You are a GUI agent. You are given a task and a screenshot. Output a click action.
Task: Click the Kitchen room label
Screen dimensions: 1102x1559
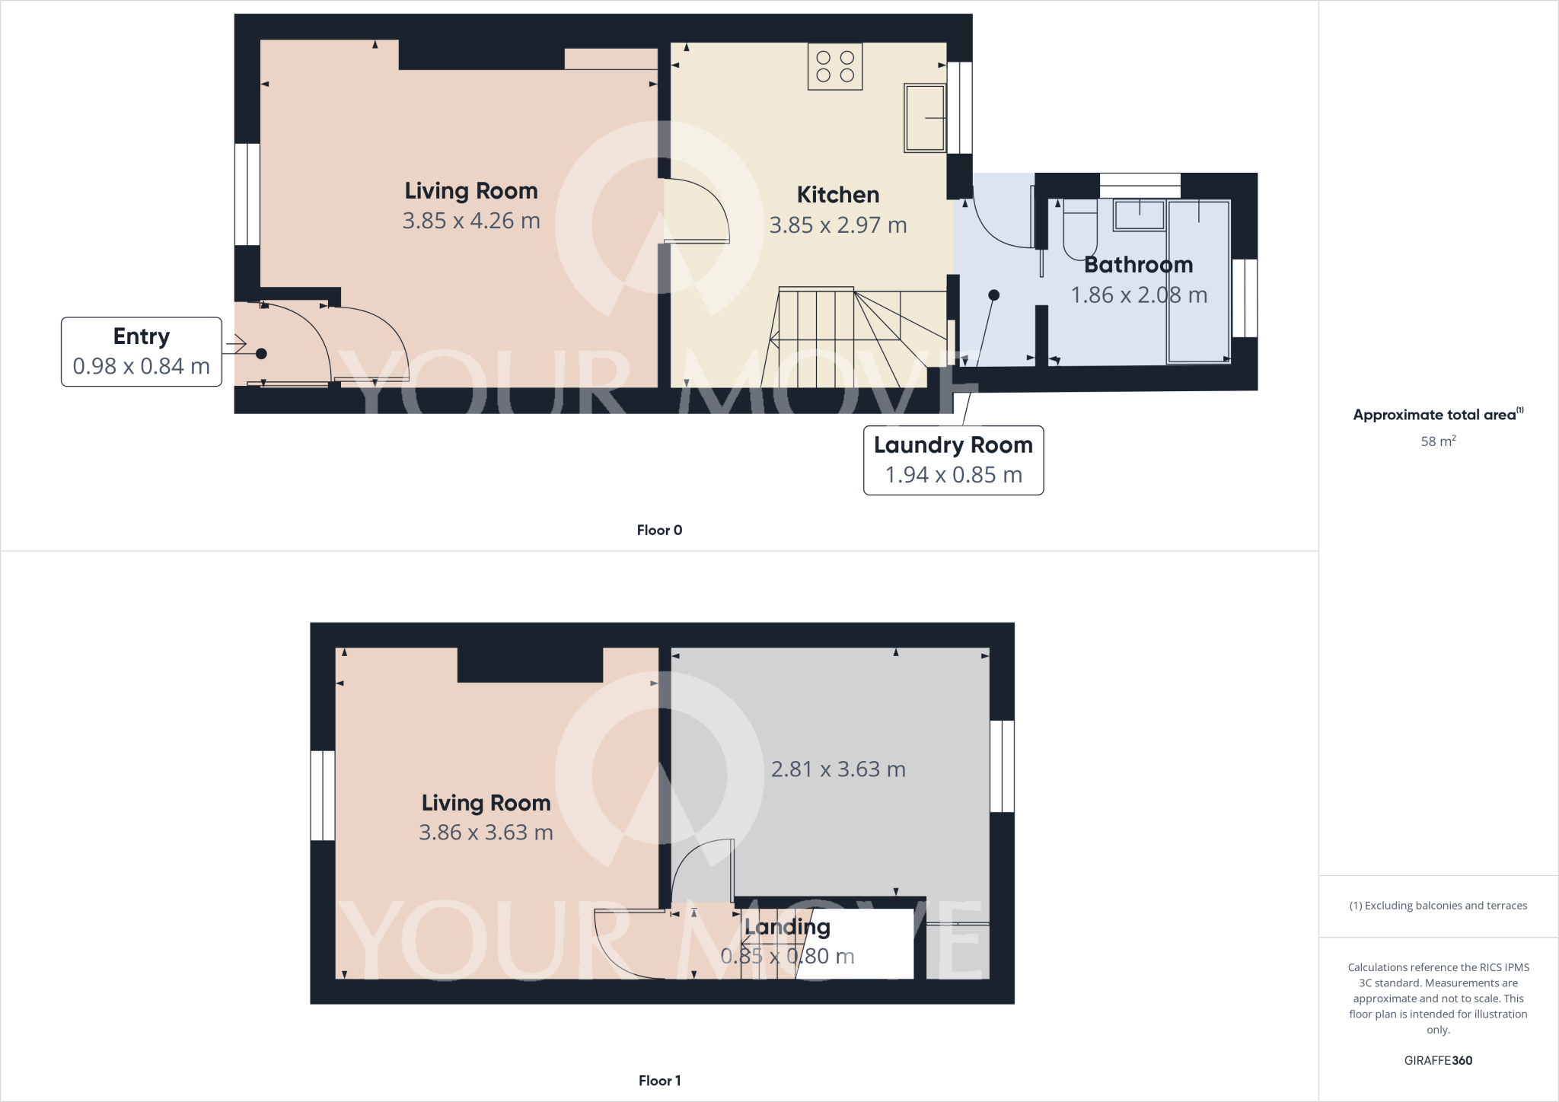point(837,195)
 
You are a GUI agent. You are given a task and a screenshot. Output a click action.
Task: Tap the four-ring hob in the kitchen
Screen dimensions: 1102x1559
point(835,66)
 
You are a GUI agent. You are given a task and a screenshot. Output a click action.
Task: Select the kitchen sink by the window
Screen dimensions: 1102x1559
point(924,118)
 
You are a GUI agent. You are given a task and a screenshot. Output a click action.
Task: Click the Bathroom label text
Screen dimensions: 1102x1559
point(1138,265)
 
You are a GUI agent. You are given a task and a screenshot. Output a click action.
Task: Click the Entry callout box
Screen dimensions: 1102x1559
point(142,352)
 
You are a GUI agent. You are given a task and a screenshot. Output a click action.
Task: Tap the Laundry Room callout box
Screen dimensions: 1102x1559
point(953,460)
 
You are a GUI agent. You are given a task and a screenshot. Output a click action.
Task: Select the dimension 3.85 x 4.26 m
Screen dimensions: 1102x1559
point(471,221)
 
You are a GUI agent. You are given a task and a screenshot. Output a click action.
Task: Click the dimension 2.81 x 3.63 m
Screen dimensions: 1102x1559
point(838,769)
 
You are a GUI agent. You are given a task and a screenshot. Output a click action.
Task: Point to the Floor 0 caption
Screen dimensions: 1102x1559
point(659,530)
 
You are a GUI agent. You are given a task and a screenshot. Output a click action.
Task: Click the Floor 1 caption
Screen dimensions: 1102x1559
point(659,1081)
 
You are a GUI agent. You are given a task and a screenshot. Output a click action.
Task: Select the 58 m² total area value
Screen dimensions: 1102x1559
point(1438,441)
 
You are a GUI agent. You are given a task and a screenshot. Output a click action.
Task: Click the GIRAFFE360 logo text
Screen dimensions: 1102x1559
point(1438,1060)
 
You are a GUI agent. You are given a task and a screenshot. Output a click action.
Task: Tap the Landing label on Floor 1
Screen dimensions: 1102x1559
point(787,927)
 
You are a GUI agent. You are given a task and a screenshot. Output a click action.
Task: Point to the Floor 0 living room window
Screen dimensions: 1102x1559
point(247,194)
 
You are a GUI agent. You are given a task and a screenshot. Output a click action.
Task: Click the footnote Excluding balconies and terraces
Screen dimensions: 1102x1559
point(1438,906)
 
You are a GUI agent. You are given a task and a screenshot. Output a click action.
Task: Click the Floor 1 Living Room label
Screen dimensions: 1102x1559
point(486,803)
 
